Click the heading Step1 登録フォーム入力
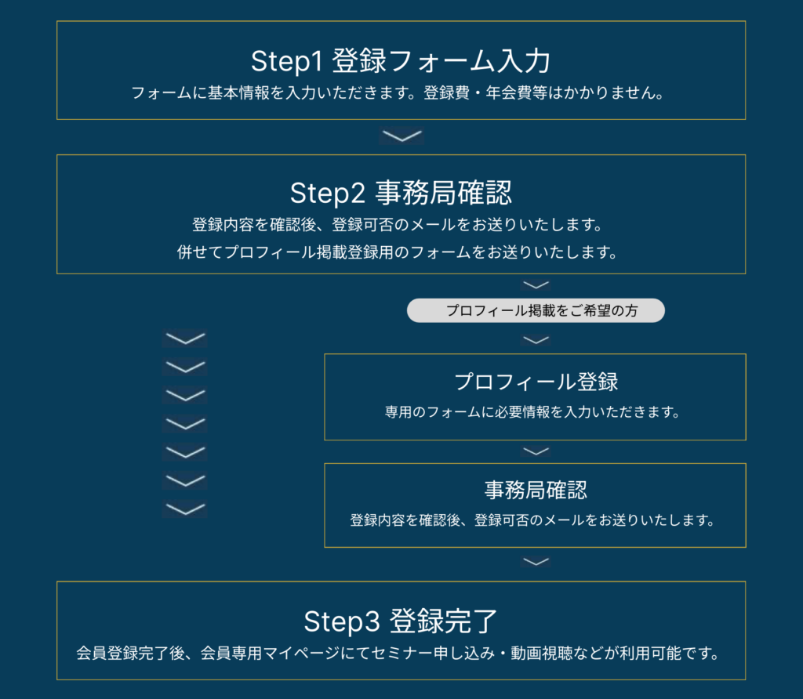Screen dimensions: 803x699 (x=401, y=61)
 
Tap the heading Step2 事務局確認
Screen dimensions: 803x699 (x=401, y=193)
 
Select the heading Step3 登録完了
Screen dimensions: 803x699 (x=401, y=621)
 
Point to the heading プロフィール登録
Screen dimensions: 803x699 (x=536, y=382)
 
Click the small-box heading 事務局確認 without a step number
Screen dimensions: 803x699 (x=536, y=491)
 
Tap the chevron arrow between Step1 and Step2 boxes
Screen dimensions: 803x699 (x=401, y=136)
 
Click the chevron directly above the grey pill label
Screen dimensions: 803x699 (x=536, y=284)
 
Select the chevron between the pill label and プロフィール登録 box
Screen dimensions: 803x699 (x=536, y=340)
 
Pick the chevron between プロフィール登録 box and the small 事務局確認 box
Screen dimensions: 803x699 (x=536, y=451)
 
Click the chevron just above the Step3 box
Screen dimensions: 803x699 (x=536, y=562)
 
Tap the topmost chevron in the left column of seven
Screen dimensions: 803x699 (x=185, y=339)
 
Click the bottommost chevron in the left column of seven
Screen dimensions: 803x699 (x=185, y=509)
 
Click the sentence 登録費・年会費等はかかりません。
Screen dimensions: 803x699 (x=544, y=92)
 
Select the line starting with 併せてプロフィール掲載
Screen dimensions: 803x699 (x=398, y=252)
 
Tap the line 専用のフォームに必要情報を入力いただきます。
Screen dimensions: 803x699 (x=532, y=412)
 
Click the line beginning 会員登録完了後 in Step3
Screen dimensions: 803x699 (x=398, y=654)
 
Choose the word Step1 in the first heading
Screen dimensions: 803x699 (x=286, y=61)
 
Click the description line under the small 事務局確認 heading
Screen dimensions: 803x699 (x=532, y=520)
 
